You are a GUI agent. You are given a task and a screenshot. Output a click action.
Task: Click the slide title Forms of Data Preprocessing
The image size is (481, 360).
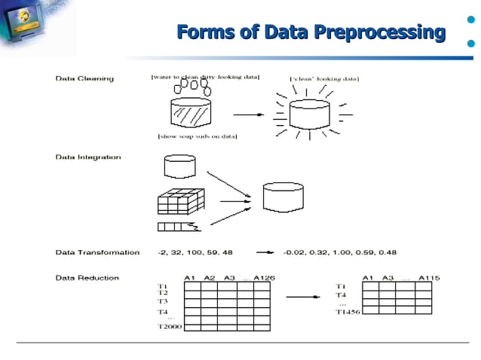tap(311, 33)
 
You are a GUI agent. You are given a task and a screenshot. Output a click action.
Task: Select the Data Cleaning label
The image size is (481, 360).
tap(84, 78)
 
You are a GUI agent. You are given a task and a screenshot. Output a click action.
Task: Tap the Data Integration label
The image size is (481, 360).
tap(89, 157)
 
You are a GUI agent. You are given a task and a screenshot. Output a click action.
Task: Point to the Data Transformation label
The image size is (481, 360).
tap(97, 252)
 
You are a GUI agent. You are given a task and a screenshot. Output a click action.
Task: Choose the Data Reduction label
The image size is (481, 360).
tap(87, 278)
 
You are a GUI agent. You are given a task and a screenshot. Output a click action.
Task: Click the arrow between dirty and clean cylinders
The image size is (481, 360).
tap(247, 115)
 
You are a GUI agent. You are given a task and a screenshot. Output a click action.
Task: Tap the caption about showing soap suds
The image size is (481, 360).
tap(198, 136)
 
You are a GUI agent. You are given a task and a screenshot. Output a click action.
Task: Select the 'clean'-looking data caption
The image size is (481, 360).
tap(324, 78)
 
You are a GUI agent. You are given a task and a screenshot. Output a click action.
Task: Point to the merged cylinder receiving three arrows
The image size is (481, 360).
tap(283, 197)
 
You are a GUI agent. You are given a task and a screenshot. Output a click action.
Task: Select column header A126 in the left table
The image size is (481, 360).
tap(264, 278)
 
